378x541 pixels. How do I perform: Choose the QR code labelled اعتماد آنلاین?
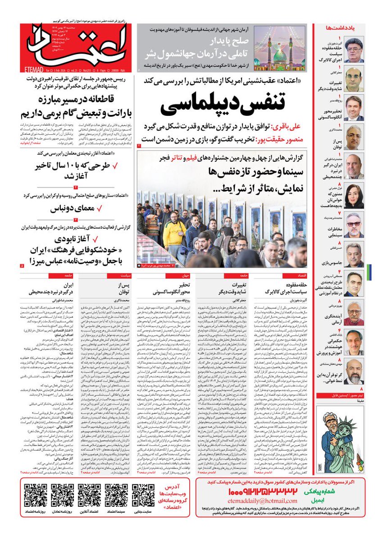coord(89,495)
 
